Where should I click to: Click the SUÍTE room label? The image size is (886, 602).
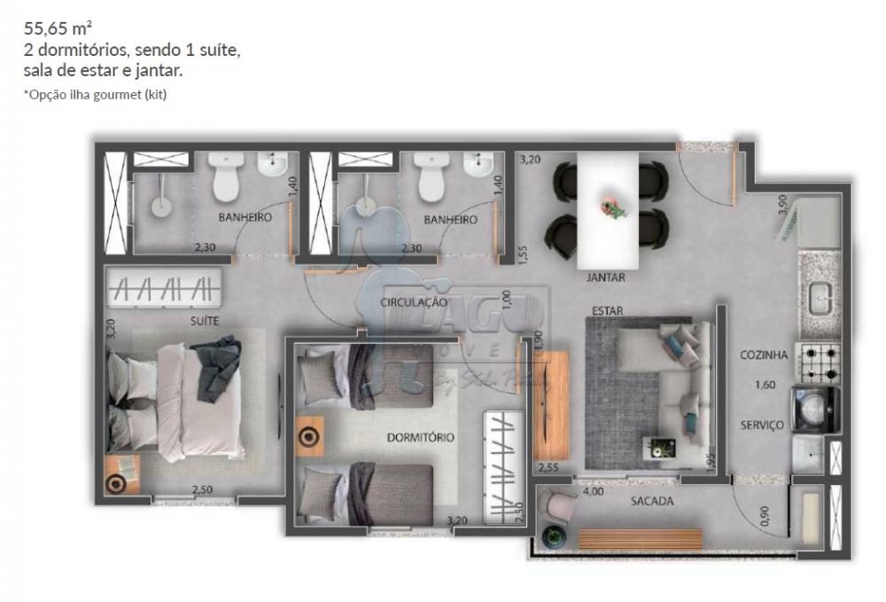pos(204,320)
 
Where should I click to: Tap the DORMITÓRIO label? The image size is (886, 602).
pos(421,437)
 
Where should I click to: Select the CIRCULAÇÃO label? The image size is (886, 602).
pos(413,302)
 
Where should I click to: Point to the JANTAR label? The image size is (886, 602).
pos(606,278)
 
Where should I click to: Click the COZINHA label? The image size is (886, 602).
pos(764,355)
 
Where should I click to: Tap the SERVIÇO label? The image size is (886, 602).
pos(762,425)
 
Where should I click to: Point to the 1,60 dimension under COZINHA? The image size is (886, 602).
pos(765,385)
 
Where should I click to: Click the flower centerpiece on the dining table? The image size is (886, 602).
pos(613,208)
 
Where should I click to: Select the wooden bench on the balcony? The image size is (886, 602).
pos(641,538)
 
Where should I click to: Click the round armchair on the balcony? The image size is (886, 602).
pos(559,506)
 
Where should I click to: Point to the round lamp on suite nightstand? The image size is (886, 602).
pos(116,482)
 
